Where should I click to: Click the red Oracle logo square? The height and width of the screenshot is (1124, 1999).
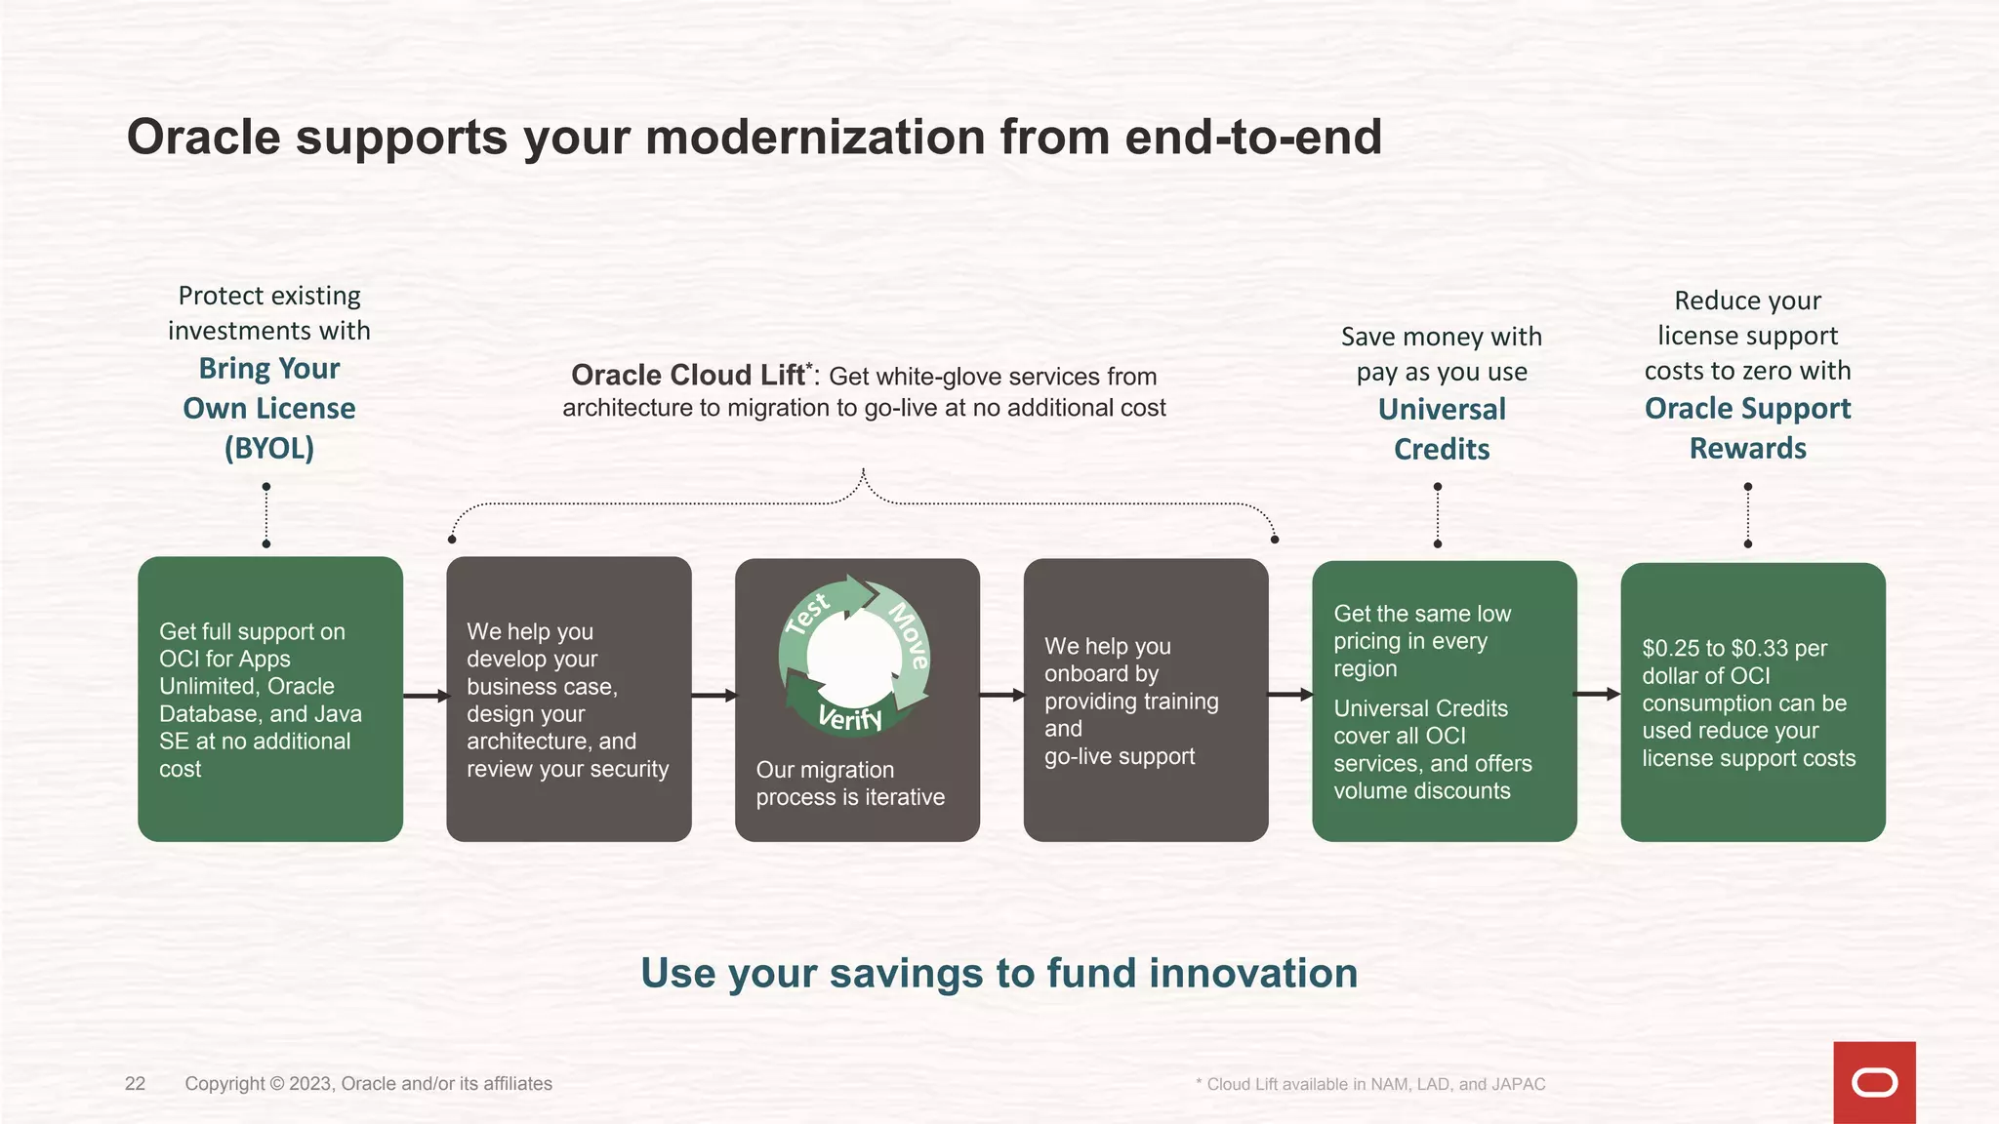tap(1874, 1082)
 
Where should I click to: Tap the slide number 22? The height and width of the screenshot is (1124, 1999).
tap(135, 1083)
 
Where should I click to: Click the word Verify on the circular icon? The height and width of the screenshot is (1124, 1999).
tap(849, 717)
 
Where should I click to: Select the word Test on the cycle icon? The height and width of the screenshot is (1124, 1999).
tap(808, 614)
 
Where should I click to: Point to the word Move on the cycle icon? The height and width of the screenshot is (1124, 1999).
tap(909, 635)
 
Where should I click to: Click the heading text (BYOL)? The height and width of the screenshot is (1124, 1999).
tap(269, 448)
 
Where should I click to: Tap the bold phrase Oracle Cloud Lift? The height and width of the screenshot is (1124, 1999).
tap(689, 376)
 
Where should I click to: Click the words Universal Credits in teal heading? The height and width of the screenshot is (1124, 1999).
tap(1442, 428)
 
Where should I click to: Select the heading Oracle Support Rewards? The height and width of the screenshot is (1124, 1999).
tap(1747, 427)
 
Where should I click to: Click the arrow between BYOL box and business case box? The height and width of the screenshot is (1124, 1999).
tap(425, 696)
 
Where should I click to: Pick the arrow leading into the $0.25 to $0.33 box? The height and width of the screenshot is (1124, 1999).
tap(1598, 694)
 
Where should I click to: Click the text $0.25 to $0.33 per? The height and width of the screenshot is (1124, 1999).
tap(1734, 648)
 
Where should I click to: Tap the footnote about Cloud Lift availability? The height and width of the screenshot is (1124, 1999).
tap(1370, 1084)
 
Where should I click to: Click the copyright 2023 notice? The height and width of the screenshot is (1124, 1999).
tap(368, 1083)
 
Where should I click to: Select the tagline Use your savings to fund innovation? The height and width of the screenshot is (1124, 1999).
tap(999, 973)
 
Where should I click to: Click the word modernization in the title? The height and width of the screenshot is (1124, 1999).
tap(815, 137)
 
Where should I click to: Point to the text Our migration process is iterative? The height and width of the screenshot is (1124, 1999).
tap(849, 783)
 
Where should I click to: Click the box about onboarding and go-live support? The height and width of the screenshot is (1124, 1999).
tap(1145, 700)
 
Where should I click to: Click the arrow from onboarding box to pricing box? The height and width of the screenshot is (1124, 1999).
tap(1290, 694)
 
